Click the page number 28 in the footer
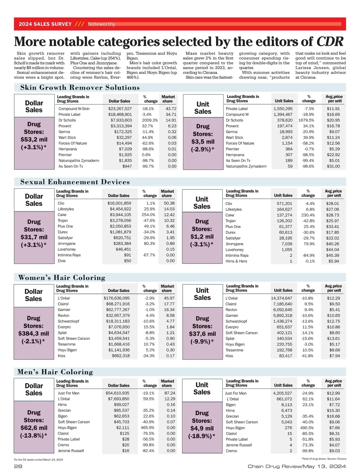point(18,466)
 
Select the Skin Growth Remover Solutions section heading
point(80,88)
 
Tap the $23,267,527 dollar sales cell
point(120,109)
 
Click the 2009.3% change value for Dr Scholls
point(150,120)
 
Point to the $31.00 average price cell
point(333,166)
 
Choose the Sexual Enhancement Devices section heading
point(75,182)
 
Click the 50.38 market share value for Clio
point(169,203)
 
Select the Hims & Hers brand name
point(236,261)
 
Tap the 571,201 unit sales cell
point(284,204)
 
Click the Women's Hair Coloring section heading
point(62,277)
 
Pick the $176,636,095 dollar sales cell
point(117,298)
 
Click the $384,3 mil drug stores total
point(34,333)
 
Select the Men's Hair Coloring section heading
point(55,372)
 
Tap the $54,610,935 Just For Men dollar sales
point(117,393)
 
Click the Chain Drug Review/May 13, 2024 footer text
point(297,466)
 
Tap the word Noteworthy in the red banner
point(101,24)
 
